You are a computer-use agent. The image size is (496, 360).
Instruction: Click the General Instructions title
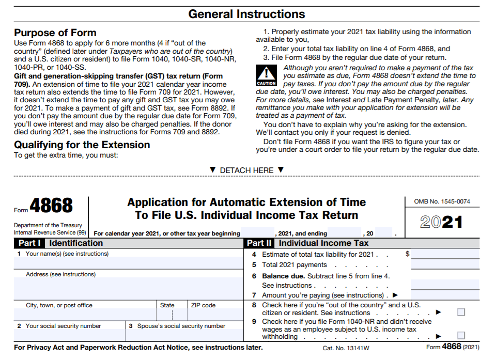(x=246, y=14)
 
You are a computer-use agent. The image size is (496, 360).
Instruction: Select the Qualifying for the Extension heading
(x=82, y=145)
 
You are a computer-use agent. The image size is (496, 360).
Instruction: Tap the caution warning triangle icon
(x=266, y=73)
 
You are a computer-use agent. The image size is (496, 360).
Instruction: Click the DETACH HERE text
(x=246, y=170)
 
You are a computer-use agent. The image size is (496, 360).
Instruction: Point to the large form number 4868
(x=51, y=206)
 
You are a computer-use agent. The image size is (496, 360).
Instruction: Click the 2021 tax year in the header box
(x=441, y=222)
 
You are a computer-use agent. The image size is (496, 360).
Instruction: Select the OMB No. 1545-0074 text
(x=442, y=201)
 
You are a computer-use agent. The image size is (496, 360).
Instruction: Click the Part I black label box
(x=30, y=243)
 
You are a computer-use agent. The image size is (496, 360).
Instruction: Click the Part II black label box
(x=259, y=243)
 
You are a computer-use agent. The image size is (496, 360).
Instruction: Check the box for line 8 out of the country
(x=461, y=312)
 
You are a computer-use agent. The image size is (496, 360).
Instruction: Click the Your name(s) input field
(x=128, y=263)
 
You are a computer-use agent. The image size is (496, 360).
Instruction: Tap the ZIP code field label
(x=203, y=305)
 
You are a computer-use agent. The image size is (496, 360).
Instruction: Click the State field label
(x=167, y=305)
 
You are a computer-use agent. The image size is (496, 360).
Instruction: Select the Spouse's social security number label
(x=177, y=326)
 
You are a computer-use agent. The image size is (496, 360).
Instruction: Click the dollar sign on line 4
(x=408, y=254)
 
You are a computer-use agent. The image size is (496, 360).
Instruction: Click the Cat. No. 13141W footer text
(x=346, y=348)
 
